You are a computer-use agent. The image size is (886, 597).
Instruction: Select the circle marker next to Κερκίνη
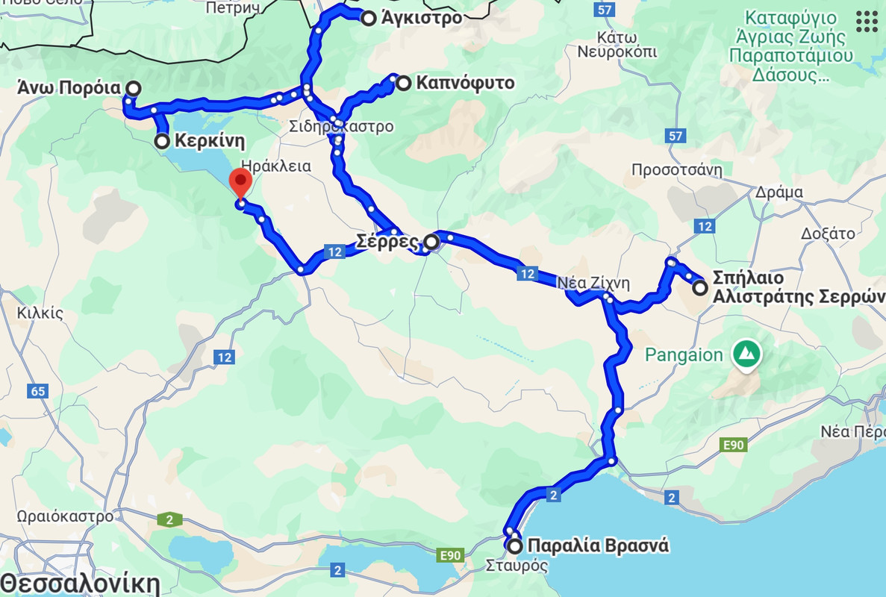click(162, 141)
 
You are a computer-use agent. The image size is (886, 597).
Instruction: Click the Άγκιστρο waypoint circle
click(368, 19)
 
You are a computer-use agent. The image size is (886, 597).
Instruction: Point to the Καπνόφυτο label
click(465, 83)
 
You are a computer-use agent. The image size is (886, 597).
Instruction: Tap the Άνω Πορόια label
click(69, 88)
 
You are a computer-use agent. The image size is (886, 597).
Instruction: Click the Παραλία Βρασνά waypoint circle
click(515, 546)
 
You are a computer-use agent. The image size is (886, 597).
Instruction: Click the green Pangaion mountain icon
click(744, 354)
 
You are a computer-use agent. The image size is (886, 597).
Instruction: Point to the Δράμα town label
click(778, 192)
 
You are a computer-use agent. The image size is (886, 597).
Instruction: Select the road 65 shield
click(38, 391)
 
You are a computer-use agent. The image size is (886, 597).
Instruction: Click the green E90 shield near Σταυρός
click(450, 555)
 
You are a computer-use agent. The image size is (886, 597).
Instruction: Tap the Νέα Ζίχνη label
click(594, 283)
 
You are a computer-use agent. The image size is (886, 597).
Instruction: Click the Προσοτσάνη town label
click(677, 169)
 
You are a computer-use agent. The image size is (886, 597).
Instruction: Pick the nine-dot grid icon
click(867, 22)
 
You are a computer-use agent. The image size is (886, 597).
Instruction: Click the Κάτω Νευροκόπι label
click(617, 45)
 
